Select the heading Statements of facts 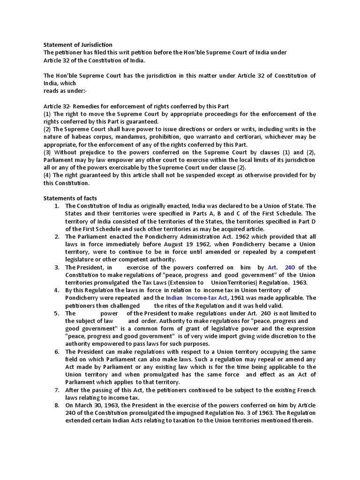tap(70, 198)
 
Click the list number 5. tap(56, 313)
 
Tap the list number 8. tap(56, 405)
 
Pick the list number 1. tap(56, 206)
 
